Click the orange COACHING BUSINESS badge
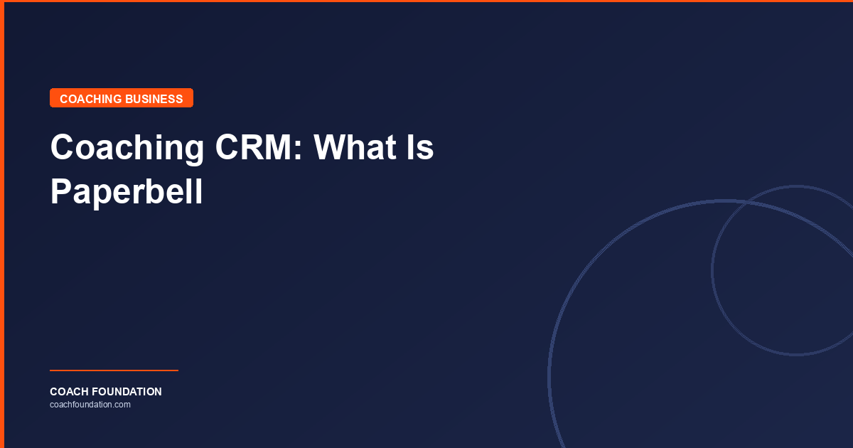[x=122, y=98]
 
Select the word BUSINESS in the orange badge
[x=154, y=99]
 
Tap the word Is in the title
[x=419, y=148]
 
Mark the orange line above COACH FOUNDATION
[x=114, y=370]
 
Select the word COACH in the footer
[x=69, y=392]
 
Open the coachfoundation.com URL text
[x=90, y=405]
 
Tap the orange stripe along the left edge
[x=2, y=224]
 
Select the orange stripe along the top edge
[x=426, y=1]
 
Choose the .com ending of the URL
[x=122, y=405]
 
